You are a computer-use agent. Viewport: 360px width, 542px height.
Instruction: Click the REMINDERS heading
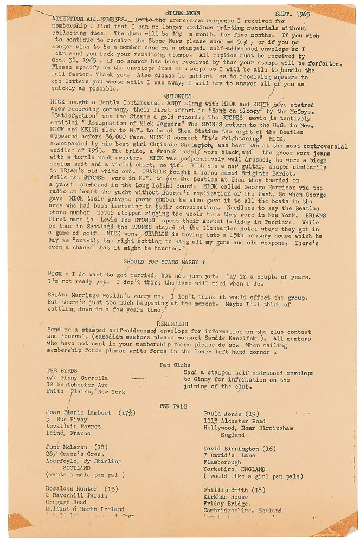[x=172, y=324]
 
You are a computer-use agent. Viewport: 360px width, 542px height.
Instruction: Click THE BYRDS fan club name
[x=62, y=371]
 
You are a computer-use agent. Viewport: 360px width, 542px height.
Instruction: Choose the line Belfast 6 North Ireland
[x=86, y=509]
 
